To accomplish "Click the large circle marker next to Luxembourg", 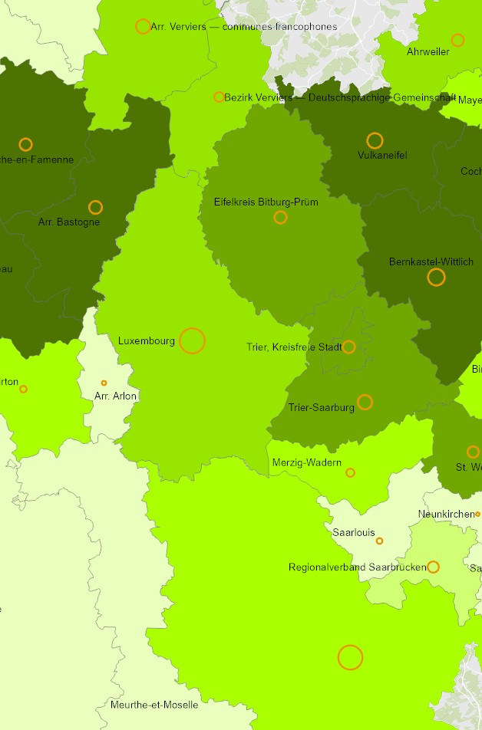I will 192,340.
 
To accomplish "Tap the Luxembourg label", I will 147,340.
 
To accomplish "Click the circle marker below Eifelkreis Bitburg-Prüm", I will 280,218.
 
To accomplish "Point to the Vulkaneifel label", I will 382,156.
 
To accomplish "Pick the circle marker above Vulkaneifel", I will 375,140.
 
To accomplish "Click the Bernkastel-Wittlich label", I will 431,262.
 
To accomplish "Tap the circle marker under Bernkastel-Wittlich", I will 436,278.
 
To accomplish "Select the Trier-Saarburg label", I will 322,407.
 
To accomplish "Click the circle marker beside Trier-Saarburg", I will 365,402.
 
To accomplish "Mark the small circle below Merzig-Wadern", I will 350,473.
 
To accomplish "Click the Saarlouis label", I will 354,531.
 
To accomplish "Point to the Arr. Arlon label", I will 115,396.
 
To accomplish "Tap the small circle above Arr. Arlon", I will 104,383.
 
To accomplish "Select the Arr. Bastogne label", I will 68,222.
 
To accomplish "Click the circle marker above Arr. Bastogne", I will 95,207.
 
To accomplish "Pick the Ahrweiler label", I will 428,52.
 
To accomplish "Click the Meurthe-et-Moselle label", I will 154,705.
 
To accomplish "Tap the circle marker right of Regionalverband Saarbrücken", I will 433,567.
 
